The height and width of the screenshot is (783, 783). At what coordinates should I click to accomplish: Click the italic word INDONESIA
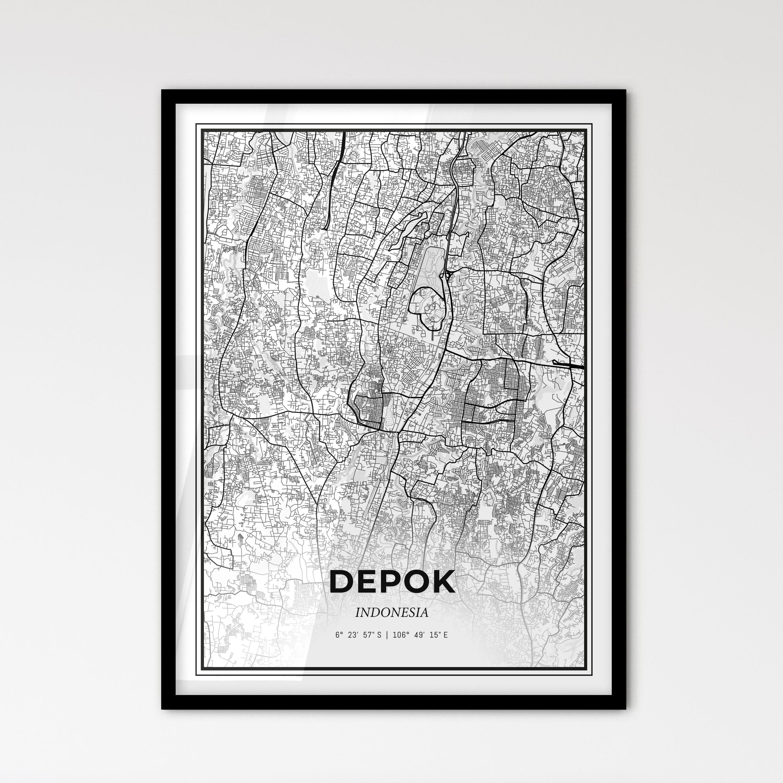point(391,613)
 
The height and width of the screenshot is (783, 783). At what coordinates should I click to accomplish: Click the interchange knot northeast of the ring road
point(449,275)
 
